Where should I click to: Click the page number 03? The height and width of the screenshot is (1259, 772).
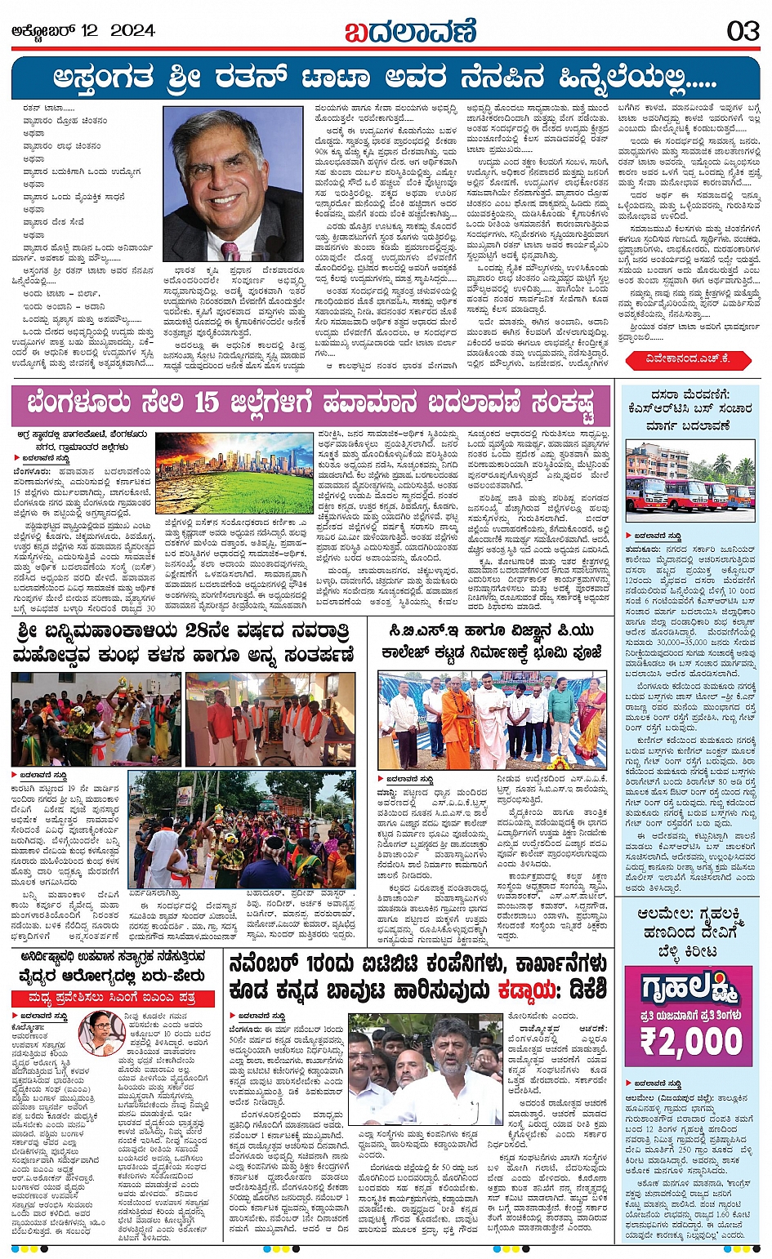[743, 31]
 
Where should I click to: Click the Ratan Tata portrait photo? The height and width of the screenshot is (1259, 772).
[233, 184]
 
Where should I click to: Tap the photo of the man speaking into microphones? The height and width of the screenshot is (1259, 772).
[425, 1070]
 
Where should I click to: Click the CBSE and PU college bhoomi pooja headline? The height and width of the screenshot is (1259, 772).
[490, 642]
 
